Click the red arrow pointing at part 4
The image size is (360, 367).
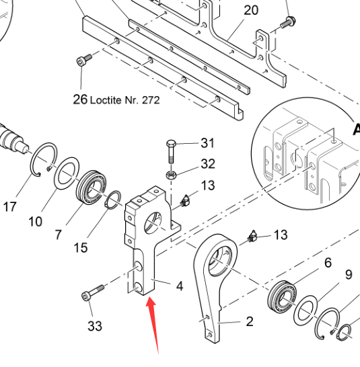point(153,325)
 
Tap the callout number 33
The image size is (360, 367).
point(95,325)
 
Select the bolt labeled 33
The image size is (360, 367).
point(92,292)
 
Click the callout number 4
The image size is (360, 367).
point(179,286)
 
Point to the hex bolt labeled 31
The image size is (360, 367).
point(171,152)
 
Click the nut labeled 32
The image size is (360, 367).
point(171,175)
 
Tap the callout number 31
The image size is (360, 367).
point(207,142)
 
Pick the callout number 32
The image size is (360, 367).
point(208,163)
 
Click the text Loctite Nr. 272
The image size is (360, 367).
point(125,100)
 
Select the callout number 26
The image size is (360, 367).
point(80,99)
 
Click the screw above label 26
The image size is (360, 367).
point(84,60)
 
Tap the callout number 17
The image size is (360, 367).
point(10,206)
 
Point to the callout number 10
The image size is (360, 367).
point(36,221)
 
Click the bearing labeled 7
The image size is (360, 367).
point(92,188)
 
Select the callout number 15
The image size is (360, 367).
point(80,247)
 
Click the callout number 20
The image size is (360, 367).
point(251,10)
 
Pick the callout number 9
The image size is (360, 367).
point(349,274)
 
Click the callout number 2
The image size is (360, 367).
point(250,321)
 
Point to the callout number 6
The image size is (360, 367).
point(328,262)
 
